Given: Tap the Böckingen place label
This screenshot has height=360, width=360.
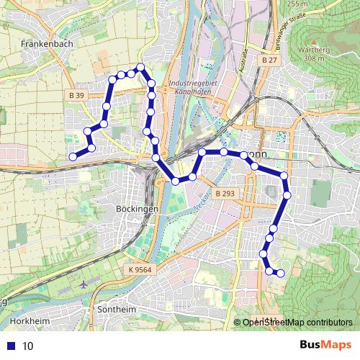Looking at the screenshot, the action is tap(136, 208).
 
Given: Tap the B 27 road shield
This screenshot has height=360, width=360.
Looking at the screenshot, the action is tap(269, 61).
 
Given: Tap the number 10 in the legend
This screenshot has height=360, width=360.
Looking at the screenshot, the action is tap(28, 346).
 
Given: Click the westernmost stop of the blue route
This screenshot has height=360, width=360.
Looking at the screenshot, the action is tap(73, 157).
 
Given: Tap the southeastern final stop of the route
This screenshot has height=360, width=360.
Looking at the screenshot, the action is tap(281, 273).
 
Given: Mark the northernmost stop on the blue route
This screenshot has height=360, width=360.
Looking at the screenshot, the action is tap(141, 68).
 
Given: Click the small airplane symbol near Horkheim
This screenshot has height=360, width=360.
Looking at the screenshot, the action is tap(85, 282).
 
